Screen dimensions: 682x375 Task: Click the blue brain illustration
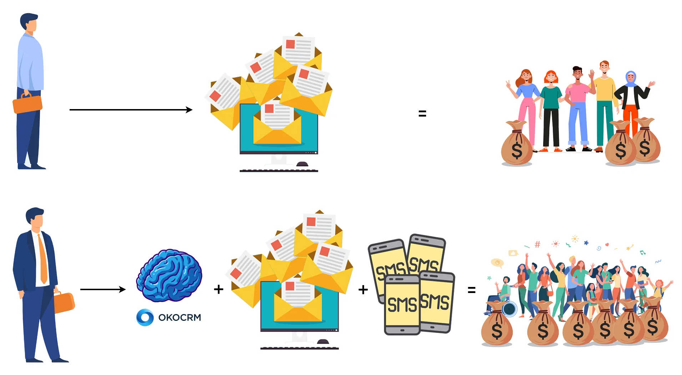click(x=169, y=275)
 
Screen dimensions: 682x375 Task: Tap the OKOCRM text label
click(x=180, y=317)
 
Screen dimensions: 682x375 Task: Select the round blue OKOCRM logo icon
click(x=145, y=317)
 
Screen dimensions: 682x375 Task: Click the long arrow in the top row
click(x=131, y=110)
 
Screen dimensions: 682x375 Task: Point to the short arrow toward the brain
click(x=103, y=289)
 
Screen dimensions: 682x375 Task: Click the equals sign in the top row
click(x=422, y=114)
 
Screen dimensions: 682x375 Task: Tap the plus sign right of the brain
click(x=218, y=289)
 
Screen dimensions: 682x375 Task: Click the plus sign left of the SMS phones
click(x=363, y=289)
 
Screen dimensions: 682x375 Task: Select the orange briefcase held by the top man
click(x=27, y=103)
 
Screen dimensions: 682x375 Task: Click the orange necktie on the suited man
click(x=43, y=259)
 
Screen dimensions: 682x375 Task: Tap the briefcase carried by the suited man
click(x=64, y=302)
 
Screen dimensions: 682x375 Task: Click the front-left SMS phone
click(x=402, y=305)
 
